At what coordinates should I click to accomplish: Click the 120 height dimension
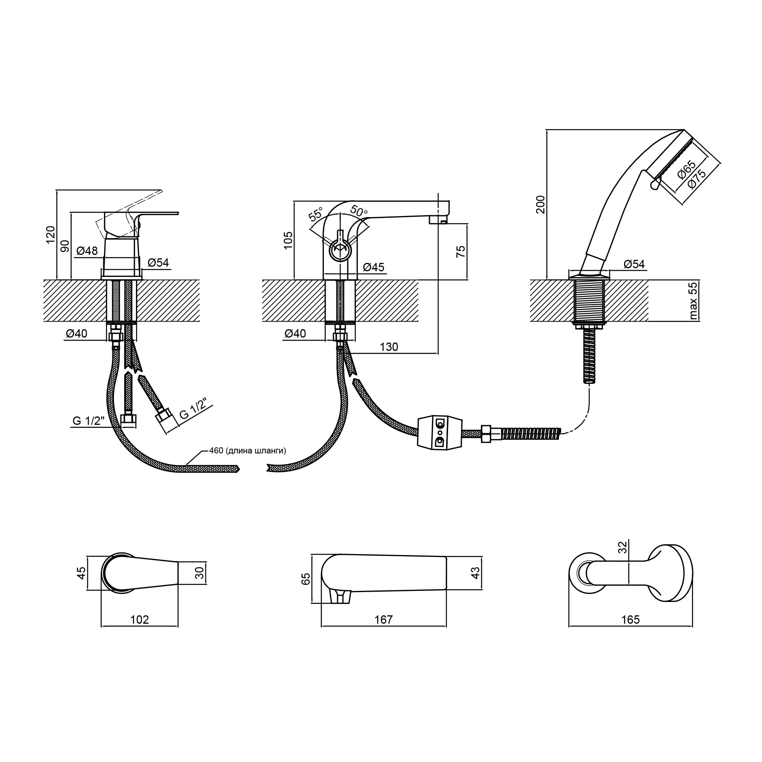[51, 235]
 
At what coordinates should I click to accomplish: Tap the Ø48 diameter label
[87, 250]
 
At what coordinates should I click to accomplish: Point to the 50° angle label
[359, 211]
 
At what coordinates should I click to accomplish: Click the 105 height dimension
[288, 240]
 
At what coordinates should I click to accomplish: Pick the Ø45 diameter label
[373, 267]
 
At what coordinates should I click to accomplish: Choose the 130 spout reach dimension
[389, 347]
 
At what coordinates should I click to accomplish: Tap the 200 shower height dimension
[540, 205]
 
